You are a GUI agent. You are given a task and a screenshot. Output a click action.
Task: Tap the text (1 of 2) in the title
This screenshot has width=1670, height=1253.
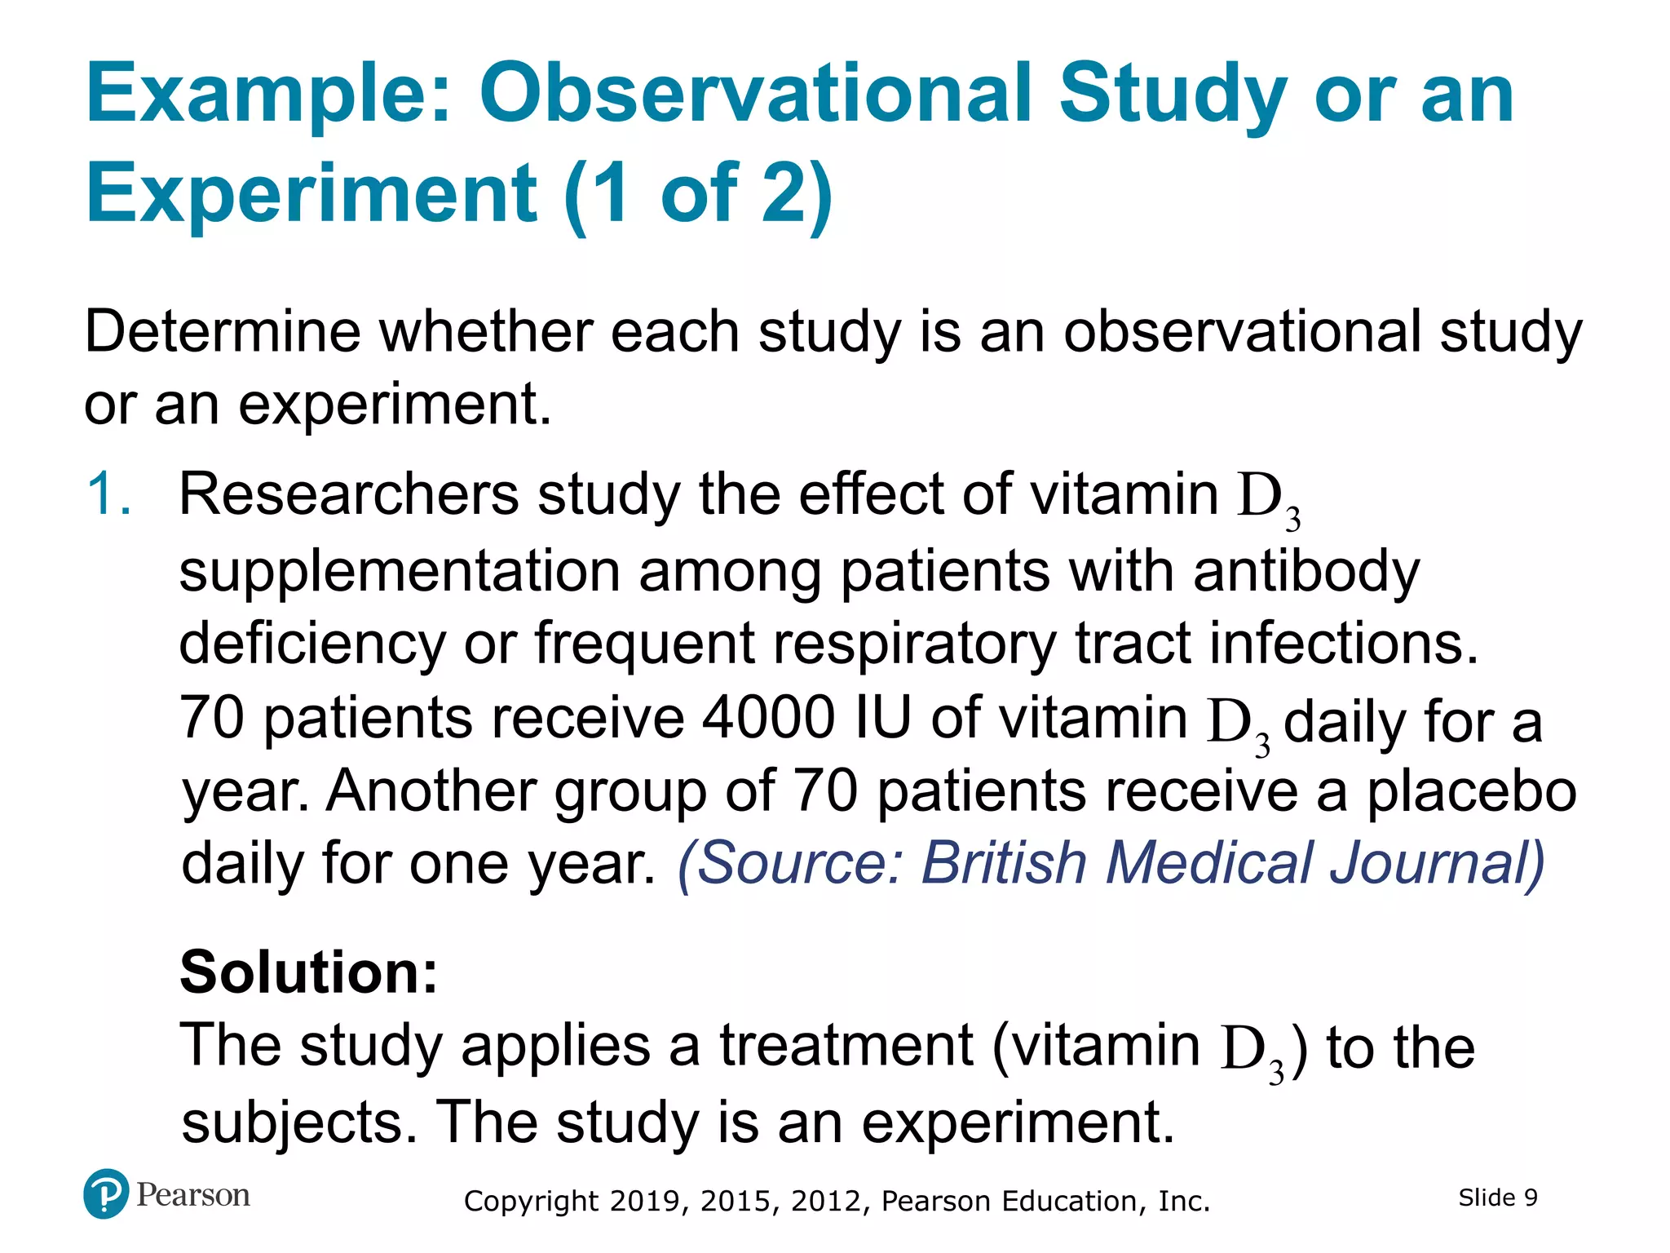[x=698, y=194]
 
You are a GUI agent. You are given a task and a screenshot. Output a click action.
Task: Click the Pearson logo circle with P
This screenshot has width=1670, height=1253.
[x=105, y=1194]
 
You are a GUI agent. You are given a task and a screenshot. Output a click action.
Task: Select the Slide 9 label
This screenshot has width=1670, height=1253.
[x=1497, y=1198]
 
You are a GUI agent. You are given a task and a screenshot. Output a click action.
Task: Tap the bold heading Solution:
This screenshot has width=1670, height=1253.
[x=308, y=972]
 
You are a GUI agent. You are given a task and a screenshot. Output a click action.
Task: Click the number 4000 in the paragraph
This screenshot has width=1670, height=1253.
[x=769, y=719]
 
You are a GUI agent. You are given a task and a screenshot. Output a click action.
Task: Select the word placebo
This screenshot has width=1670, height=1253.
[x=1471, y=791]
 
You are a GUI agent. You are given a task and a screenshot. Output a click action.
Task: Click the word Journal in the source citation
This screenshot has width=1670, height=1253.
[x=1436, y=863]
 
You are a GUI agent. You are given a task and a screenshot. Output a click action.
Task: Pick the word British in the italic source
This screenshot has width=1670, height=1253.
[x=1003, y=863]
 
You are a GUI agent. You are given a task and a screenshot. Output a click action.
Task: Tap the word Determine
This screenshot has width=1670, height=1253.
[x=222, y=332]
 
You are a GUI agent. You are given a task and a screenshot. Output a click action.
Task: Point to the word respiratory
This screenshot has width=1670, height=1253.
[x=915, y=644]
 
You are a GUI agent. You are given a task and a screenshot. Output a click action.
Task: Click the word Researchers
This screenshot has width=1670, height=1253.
[x=348, y=494]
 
